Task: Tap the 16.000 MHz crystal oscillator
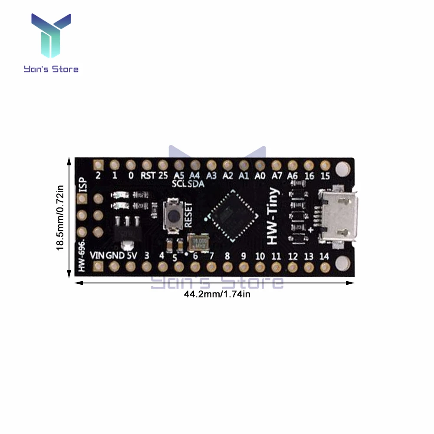point(198,242)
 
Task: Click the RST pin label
point(147,176)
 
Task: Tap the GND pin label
point(115,256)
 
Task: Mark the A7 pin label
point(276,176)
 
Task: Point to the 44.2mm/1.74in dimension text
point(217,295)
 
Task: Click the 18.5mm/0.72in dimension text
point(60,217)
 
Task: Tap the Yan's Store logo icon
point(51,37)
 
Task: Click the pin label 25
point(163,176)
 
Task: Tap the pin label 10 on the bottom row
point(260,256)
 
